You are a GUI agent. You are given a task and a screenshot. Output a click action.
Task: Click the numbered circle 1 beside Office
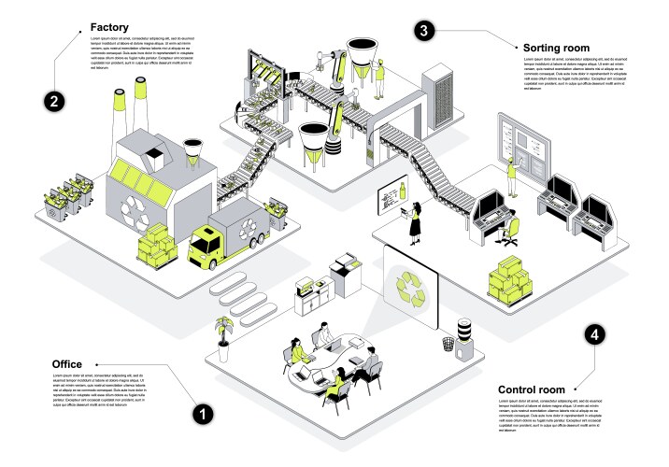[x=199, y=410]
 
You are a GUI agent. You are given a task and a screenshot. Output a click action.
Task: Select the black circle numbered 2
[x=55, y=100]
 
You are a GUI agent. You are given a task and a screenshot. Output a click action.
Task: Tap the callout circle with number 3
[x=424, y=31]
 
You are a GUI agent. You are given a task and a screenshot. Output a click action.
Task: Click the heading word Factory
[x=109, y=28]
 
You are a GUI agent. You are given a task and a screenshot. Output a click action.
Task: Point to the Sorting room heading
[x=555, y=47]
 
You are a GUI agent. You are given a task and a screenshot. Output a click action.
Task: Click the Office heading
[x=66, y=363]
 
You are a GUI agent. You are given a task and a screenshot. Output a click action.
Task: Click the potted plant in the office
[x=223, y=334]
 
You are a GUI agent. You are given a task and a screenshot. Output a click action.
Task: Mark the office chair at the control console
[x=508, y=230]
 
